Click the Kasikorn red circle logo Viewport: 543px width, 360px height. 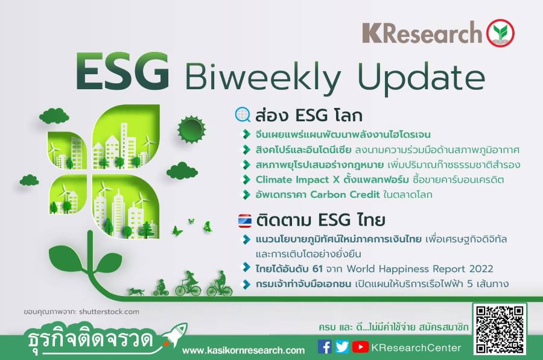[500, 33]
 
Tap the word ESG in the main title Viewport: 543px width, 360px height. [122, 72]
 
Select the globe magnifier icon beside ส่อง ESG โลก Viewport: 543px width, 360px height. [243, 115]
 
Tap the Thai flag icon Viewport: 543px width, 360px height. [245, 221]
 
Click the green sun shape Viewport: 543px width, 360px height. [191, 130]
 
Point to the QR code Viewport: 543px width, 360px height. [500, 329]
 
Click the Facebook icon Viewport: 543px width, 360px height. [325, 347]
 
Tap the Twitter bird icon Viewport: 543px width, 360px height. [342, 347]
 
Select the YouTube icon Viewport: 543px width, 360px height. [360, 347]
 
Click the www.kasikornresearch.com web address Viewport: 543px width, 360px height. [244, 350]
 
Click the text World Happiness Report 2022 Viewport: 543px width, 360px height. [420, 269]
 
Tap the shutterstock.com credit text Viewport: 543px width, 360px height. [109, 312]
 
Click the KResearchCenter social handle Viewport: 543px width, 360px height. [416, 347]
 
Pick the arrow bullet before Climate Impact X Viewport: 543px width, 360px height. [246, 180]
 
